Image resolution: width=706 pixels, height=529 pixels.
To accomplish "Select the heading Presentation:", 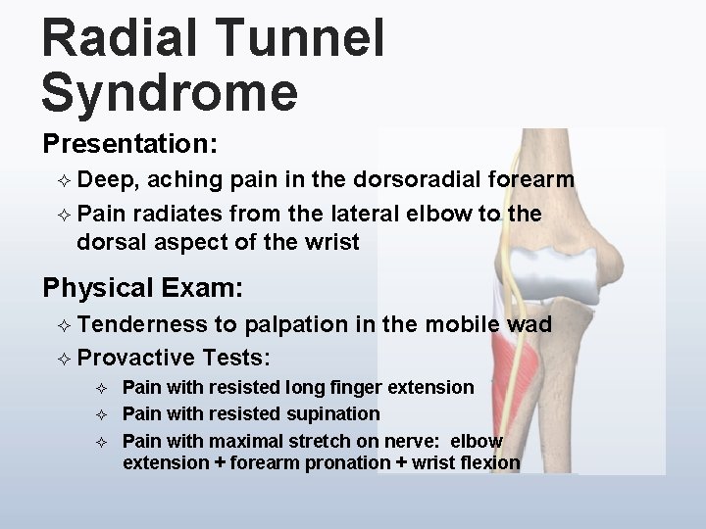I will [x=129, y=144].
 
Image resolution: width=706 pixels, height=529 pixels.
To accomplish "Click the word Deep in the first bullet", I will [x=108, y=180].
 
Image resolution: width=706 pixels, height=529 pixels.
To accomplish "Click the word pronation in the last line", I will [x=342, y=461].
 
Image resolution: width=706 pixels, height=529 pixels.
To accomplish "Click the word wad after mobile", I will [x=531, y=324].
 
